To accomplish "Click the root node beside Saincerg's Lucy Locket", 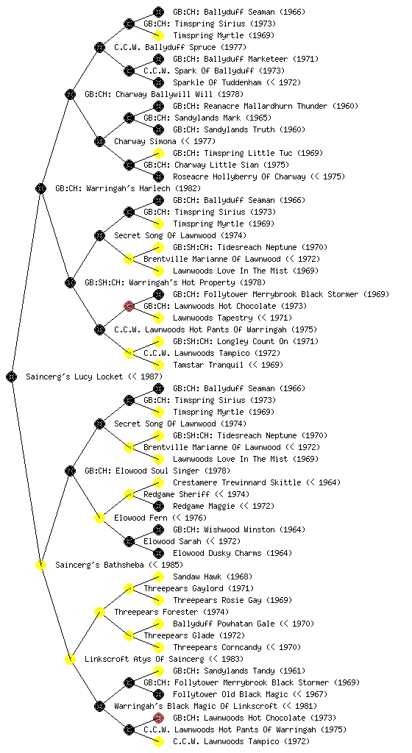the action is [12, 376].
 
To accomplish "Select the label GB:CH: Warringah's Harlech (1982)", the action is [128, 188].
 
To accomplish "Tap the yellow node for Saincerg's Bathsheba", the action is [40, 565].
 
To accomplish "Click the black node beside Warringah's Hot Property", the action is [70, 282].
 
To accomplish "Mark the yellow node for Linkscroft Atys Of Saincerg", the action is [70, 659].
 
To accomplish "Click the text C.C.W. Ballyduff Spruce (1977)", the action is [180, 47].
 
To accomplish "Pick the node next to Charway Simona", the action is [99, 141].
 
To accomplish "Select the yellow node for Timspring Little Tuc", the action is [158, 153].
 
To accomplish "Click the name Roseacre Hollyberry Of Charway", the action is [239, 176].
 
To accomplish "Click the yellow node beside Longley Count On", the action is [158, 341].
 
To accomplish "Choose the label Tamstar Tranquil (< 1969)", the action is [228, 365].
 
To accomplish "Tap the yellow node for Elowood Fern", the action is [99, 518].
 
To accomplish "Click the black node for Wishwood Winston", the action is [158, 529].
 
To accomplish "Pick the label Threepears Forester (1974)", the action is [171, 612].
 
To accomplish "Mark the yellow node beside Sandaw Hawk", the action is [158, 577].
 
